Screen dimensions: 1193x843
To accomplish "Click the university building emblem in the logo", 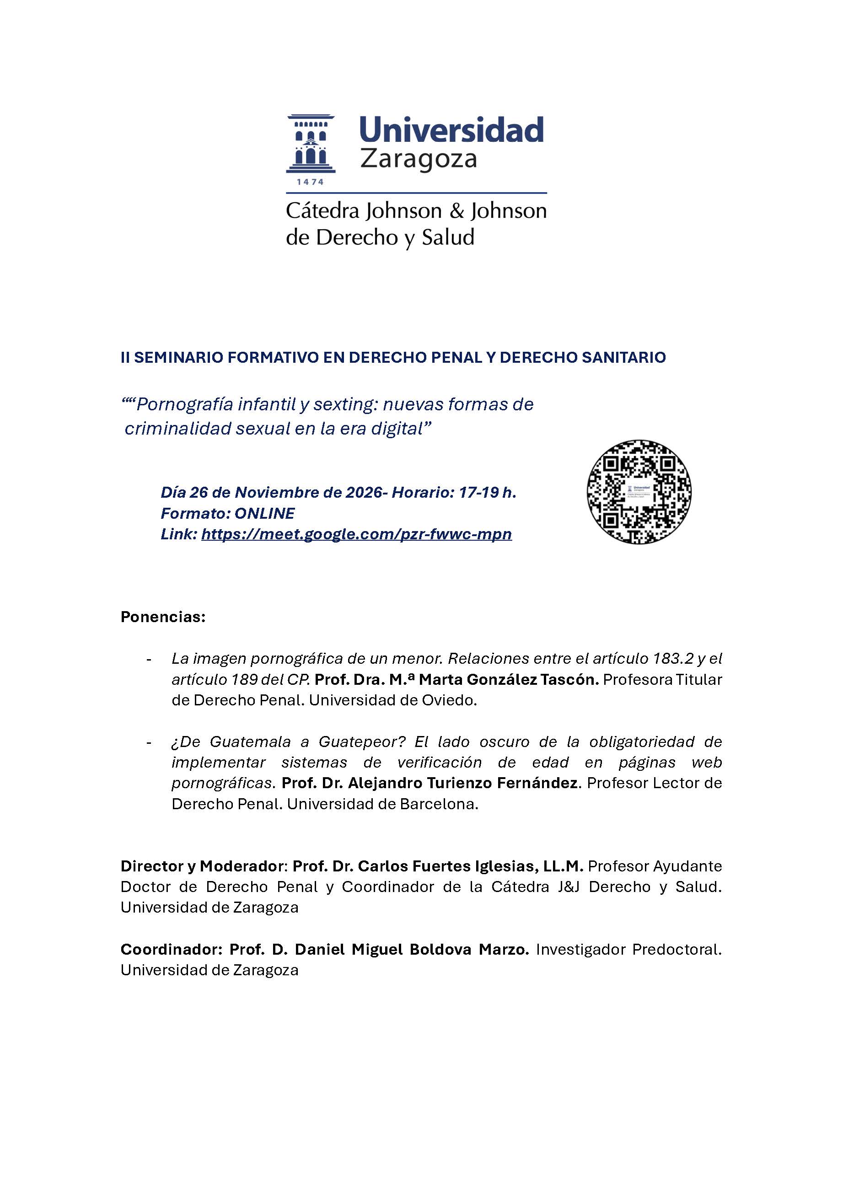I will (311, 144).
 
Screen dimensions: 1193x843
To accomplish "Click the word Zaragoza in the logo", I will (418, 158).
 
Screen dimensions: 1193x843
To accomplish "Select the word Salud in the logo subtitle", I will (448, 237).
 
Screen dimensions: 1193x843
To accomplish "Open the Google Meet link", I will (356, 534).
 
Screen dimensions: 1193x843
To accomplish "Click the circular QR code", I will (639, 492).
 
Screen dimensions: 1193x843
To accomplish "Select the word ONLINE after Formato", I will (264, 513).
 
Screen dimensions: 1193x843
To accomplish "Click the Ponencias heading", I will (163, 617).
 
